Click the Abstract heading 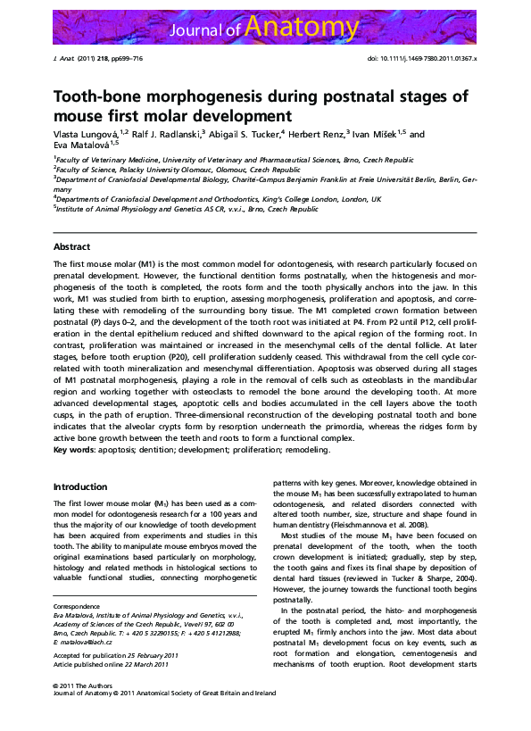click(x=71, y=245)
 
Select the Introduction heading click(x=79, y=486)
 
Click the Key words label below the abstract click(x=73, y=450)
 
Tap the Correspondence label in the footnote click(x=77, y=605)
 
